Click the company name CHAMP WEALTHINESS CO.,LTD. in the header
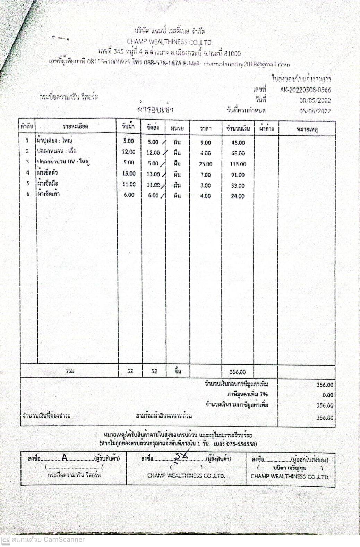click(170, 42)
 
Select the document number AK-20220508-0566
click(306, 90)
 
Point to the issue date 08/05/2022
click(315, 101)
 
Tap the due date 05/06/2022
click(315, 111)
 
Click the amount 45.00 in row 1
click(238, 143)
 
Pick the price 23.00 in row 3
click(205, 164)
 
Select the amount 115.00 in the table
click(238, 164)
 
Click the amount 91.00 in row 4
click(238, 175)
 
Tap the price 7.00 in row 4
click(205, 175)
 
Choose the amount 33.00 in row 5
click(238, 186)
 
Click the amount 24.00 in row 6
click(238, 196)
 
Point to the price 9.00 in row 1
click(205, 143)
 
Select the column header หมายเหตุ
click(307, 129)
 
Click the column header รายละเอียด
click(76, 127)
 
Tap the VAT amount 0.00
click(327, 395)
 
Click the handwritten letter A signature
click(65, 458)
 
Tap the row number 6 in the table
click(28, 194)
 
